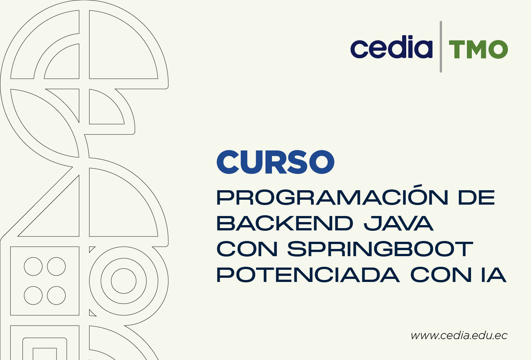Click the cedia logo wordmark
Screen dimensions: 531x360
coord(391,47)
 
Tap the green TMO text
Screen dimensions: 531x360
coord(478,49)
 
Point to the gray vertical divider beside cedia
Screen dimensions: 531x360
coord(441,47)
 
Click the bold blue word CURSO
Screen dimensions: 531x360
coord(275,162)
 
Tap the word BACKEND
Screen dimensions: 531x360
coord(285,223)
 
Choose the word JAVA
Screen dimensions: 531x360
coord(399,223)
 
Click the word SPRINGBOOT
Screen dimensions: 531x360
coord(380,249)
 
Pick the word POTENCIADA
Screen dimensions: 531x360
coord(308,275)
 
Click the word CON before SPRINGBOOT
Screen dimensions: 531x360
coord(247,249)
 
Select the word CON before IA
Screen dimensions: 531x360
coord(441,275)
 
